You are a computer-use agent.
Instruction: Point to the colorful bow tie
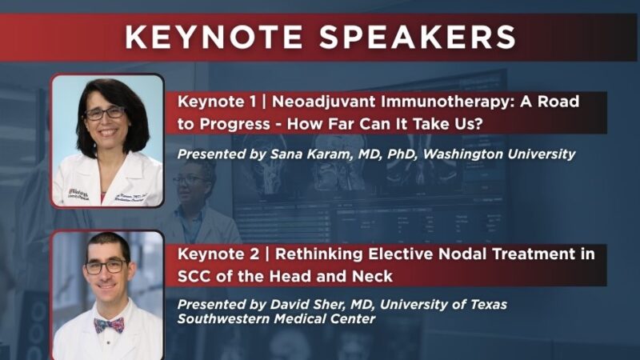point(110,324)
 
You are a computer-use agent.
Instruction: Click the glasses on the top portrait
point(105,113)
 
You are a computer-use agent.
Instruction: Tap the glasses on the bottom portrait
point(105,267)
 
